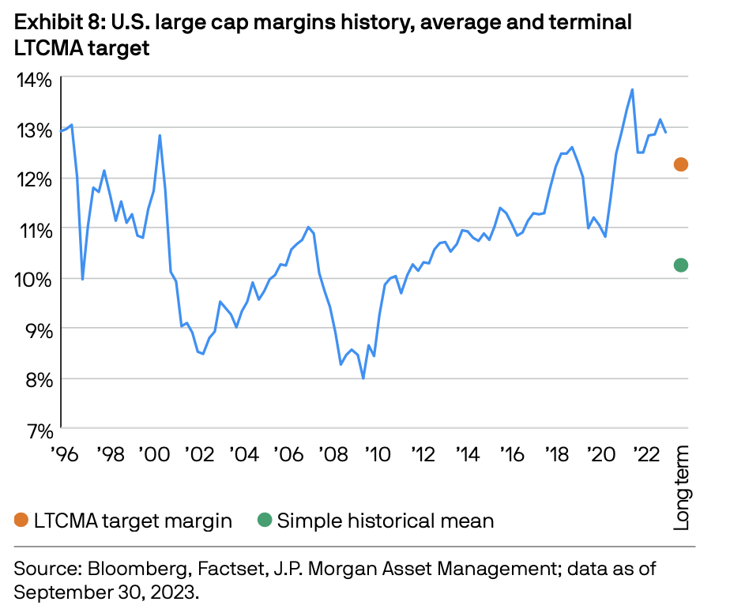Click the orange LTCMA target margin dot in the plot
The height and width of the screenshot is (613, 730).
point(680,164)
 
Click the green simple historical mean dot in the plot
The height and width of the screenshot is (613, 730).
point(680,265)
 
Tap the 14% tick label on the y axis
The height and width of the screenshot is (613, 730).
point(33,79)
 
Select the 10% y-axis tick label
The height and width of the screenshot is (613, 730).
point(33,280)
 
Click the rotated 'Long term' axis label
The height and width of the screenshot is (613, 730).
point(681,487)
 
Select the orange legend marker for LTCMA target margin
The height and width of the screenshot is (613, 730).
point(21,520)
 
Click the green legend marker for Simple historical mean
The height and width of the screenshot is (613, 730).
point(264,520)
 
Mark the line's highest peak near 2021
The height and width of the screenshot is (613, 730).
point(632,89)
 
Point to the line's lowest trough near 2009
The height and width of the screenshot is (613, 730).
point(363,378)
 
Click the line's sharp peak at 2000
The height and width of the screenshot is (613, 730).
point(160,135)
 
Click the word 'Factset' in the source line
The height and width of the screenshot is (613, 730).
point(201,568)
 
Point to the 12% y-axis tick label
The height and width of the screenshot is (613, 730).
point(33,179)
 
